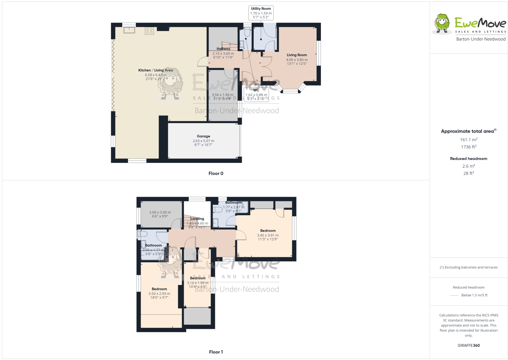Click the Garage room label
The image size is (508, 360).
pyautogui.click(x=203, y=136)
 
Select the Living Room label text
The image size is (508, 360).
pyautogui.click(x=297, y=55)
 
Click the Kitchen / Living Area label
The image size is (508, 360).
pyautogui.click(x=156, y=70)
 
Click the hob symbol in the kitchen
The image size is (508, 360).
pyautogui.click(x=149, y=31)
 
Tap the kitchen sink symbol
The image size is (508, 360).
pyautogui.click(x=129, y=30)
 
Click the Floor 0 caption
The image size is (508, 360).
pyautogui.click(x=216, y=173)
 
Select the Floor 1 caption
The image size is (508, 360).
pyautogui.click(x=216, y=352)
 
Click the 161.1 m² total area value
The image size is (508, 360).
pyautogui.click(x=469, y=139)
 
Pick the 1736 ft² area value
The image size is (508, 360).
pyautogui.click(x=469, y=147)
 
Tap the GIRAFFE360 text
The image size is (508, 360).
pyautogui.click(x=469, y=345)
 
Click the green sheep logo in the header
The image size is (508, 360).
pyautogui.click(x=442, y=24)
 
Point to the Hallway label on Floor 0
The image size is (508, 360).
pyautogui.click(x=223, y=49)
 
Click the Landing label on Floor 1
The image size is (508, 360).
pyautogui.click(x=197, y=219)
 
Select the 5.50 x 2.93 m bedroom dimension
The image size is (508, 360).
pyautogui.click(x=159, y=293)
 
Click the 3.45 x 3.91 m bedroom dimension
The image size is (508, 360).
pyautogui.click(x=268, y=235)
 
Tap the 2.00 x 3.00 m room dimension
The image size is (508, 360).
pyautogui.click(x=160, y=212)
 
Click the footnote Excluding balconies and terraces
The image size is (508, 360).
pyautogui.click(x=469, y=267)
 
